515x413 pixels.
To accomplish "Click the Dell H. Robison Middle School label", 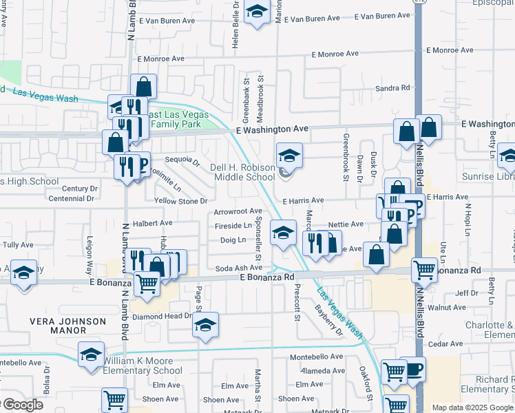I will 242,172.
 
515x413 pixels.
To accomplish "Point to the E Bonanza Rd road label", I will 267,277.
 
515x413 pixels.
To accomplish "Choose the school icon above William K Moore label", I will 90,354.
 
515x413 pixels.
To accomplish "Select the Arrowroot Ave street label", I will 238,211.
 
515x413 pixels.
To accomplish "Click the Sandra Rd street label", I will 392,88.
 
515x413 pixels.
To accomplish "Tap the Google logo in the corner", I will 22,405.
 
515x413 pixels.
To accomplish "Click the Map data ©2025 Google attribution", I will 472,407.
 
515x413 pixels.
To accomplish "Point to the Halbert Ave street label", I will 152,223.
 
